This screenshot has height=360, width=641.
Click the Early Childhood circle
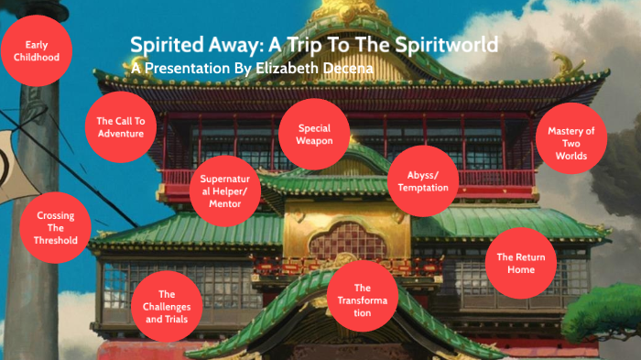coord(38,51)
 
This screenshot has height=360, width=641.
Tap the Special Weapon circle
coord(314,135)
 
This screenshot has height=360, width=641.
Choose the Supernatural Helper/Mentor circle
coord(225,191)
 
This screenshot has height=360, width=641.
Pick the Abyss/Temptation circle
coord(423,181)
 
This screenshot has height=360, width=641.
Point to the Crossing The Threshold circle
coord(55,228)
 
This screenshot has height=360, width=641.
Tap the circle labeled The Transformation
coord(363,300)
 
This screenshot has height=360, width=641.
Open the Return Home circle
coord(520,264)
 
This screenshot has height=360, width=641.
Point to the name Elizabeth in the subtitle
coord(294,67)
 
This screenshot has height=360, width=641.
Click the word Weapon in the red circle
coord(314,141)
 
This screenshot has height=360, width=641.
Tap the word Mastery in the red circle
coord(571,131)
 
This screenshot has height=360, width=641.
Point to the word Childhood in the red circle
coord(38,57)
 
